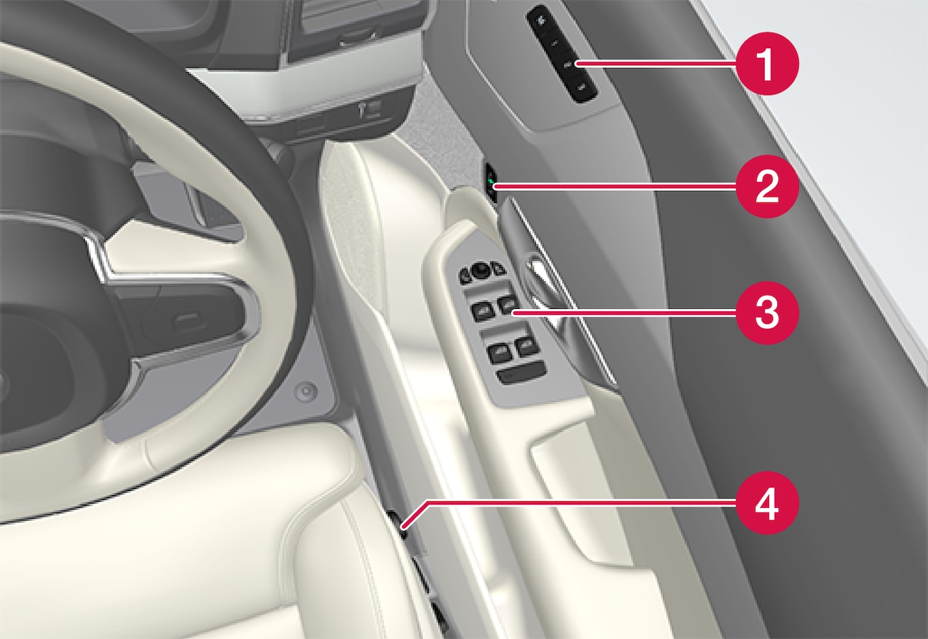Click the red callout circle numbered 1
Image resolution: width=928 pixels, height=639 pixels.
(x=767, y=64)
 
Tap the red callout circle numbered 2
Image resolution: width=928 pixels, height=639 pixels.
(x=767, y=187)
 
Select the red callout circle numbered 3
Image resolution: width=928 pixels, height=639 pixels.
(x=767, y=313)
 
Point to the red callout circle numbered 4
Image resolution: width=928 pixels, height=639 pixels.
(x=767, y=503)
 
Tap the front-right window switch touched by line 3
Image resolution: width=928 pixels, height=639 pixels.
(x=508, y=306)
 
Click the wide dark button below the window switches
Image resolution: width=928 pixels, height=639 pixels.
(x=522, y=372)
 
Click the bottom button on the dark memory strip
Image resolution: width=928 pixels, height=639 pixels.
(x=582, y=88)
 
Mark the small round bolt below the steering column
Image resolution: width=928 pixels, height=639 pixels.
(x=307, y=390)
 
